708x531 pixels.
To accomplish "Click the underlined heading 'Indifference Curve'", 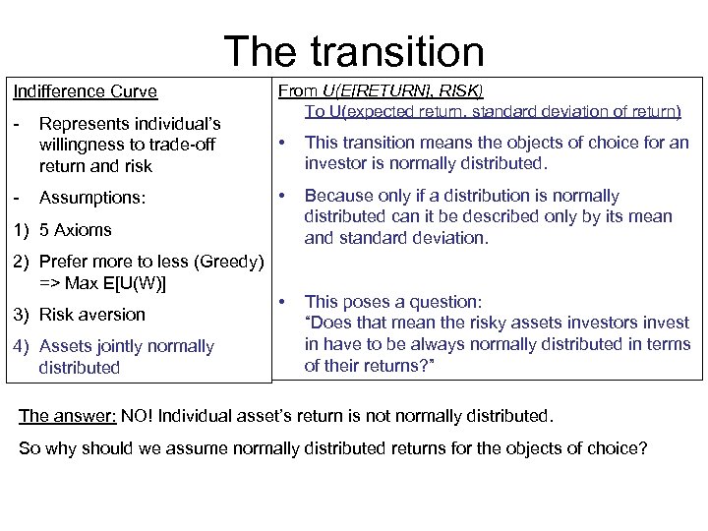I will (85, 91).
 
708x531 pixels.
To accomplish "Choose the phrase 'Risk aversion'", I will (91, 315).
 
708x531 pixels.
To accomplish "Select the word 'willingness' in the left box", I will (82, 146).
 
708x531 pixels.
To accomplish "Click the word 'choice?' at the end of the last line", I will (619, 449).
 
